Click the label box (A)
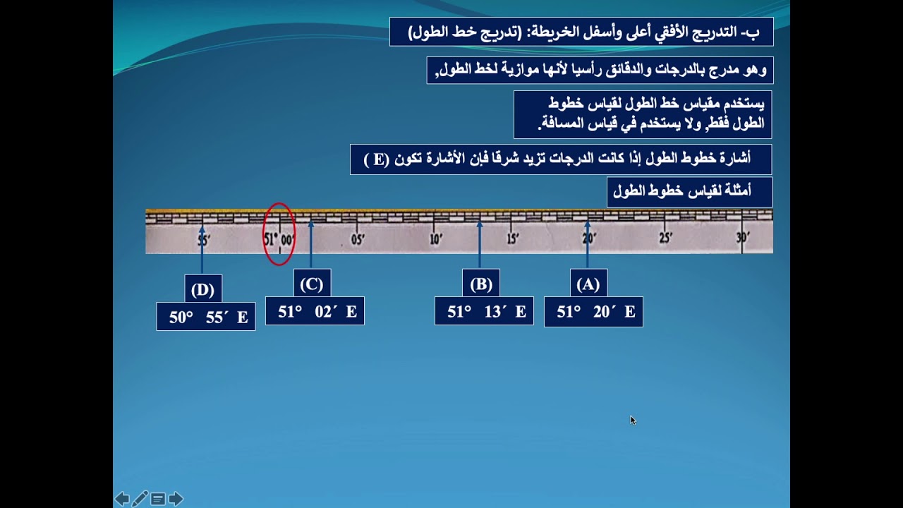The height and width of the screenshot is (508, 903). click(x=588, y=284)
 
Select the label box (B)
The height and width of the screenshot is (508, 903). click(x=481, y=284)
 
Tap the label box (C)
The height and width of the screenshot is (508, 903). click(x=311, y=284)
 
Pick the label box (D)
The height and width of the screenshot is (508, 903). click(x=202, y=289)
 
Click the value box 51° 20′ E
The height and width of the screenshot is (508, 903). click(x=593, y=312)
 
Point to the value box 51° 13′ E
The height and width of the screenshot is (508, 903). click(x=484, y=312)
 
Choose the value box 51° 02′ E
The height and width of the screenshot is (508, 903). click(x=315, y=312)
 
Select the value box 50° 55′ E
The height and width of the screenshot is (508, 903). click(x=206, y=317)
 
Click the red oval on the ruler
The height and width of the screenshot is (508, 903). click(x=279, y=234)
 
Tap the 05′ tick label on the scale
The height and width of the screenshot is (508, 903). click(x=358, y=239)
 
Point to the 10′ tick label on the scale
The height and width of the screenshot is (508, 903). click(x=436, y=239)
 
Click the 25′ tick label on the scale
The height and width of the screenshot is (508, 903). click(x=665, y=238)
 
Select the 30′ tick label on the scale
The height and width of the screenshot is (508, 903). click(x=742, y=238)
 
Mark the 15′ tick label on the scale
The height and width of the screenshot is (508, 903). click(x=513, y=239)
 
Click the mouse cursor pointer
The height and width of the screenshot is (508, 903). click(x=632, y=420)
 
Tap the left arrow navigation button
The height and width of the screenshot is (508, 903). click(x=122, y=500)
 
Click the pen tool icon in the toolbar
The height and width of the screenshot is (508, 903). click(x=140, y=500)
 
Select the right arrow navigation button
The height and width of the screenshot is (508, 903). click(x=176, y=500)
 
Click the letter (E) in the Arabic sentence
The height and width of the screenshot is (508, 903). click(x=378, y=159)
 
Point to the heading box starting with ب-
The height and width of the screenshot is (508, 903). click(x=581, y=32)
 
